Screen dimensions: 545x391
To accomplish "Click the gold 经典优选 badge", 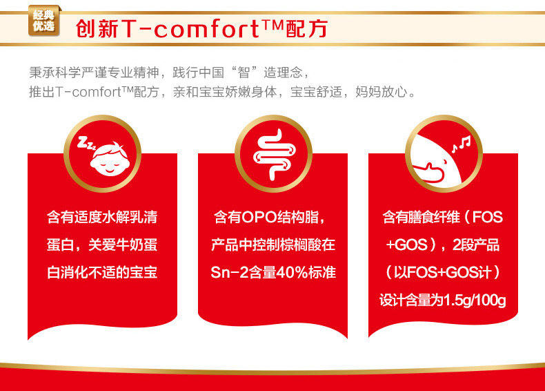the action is (44, 21).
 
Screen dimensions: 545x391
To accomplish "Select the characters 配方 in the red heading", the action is (307, 28).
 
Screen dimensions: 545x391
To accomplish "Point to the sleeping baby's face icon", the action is (110, 159).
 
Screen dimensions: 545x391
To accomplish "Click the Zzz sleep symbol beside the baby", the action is (86, 143).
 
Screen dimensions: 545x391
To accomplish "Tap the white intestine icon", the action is (275, 155).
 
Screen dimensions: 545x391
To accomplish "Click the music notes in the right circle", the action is (462, 143).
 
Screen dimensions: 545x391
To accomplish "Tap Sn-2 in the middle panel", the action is (230, 272).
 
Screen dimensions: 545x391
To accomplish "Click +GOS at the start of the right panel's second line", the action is (406, 245).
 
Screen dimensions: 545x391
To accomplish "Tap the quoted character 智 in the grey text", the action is (244, 73).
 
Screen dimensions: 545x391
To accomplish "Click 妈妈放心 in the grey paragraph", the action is (381, 92).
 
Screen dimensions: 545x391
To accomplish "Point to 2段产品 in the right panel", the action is (476, 245).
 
